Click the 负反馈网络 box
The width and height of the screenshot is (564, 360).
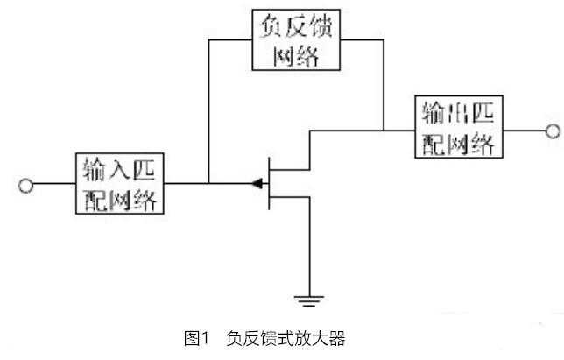pyautogui.click(x=296, y=40)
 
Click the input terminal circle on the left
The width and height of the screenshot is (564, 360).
pyautogui.click(x=26, y=185)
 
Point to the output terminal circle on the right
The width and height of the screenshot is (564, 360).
pyautogui.click(x=552, y=131)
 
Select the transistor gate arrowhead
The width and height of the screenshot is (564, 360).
pyautogui.click(x=256, y=184)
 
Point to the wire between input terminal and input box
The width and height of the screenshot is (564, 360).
pyautogui.click(x=53, y=185)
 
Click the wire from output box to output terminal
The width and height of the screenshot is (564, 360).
pyautogui.click(x=524, y=131)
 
